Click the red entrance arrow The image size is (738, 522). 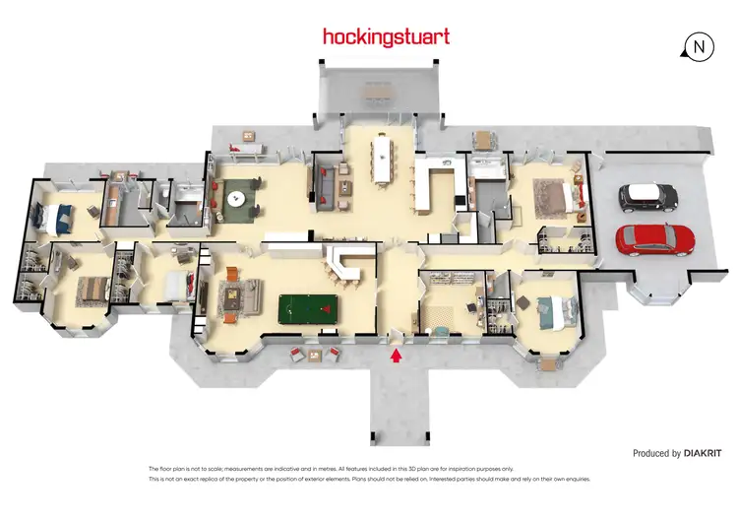tap(397, 356)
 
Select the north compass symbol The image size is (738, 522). tap(699, 46)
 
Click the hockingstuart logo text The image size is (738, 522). tap(386, 37)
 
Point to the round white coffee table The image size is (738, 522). tap(236, 199)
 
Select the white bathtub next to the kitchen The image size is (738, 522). tap(486, 177)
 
